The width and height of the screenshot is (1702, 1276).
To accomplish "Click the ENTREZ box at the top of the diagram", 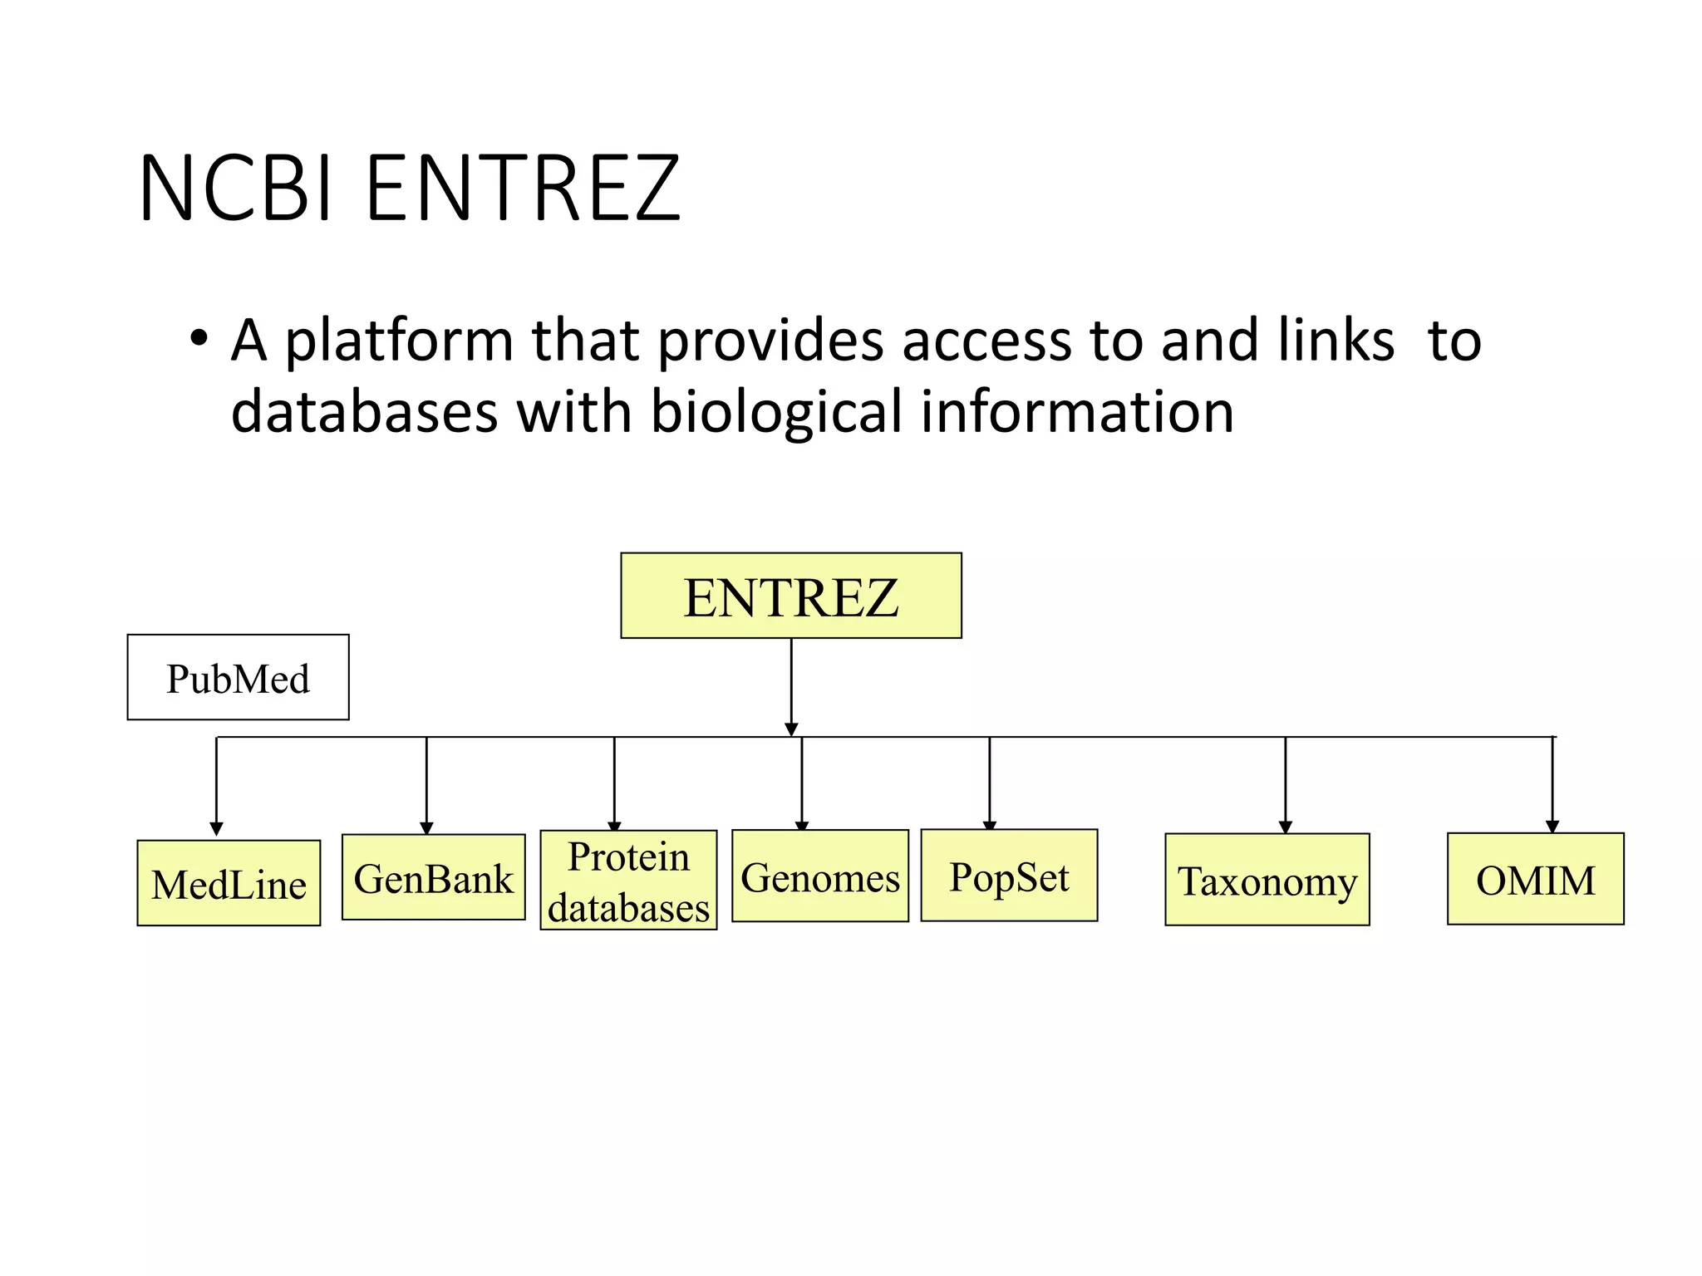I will tap(790, 596).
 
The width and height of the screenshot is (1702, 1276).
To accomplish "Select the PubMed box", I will tap(238, 677).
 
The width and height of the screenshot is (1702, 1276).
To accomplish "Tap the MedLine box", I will tap(229, 883).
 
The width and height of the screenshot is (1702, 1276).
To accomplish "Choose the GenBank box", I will tap(433, 877).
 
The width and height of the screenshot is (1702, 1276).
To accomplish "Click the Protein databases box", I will tap(628, 881).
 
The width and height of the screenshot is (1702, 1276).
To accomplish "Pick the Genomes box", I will tap(819, 876).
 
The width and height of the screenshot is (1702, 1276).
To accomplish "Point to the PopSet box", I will tap(1009, 876).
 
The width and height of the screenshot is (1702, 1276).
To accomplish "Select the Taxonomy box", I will tap(1267, 880).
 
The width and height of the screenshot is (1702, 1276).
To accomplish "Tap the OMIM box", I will tap(1535, 879).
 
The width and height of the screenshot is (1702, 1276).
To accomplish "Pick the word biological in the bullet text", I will tap(775, 412).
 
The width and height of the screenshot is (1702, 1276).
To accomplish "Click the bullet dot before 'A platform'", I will tap(198, 339).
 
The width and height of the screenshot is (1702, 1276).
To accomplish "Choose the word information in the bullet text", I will tap(1077, 411).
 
